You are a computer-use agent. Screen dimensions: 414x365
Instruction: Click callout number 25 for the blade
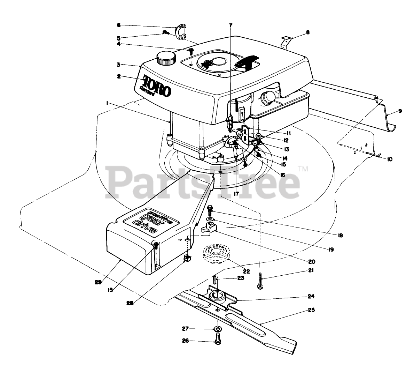tap(312, 310)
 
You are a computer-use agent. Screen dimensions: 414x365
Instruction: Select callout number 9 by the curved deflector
tap(400, 111)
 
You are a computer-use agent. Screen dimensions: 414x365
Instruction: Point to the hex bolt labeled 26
tap(217, 338)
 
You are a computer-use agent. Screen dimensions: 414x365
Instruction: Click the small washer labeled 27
tap(217, 329)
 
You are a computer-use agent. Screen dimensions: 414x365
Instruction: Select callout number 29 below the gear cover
tap(98, 283)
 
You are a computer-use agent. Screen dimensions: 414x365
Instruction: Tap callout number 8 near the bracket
tap(307, 32)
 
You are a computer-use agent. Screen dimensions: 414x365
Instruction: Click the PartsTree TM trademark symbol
tap(304, 169)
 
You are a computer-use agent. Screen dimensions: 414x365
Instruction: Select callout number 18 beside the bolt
tap(341, 235)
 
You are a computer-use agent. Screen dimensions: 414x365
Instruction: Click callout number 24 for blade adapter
tap(311, 296)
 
